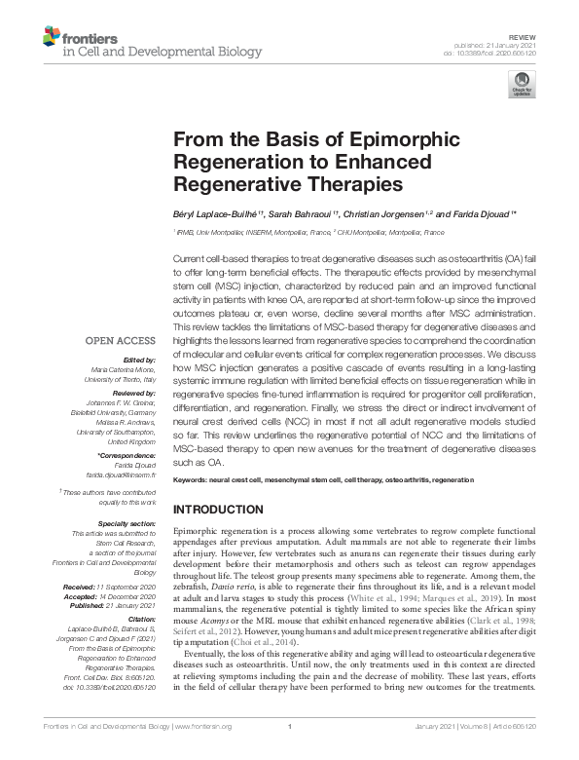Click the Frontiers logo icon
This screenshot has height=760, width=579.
click(x=51, y=38)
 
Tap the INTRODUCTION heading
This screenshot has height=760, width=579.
click(x=227, y=510)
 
